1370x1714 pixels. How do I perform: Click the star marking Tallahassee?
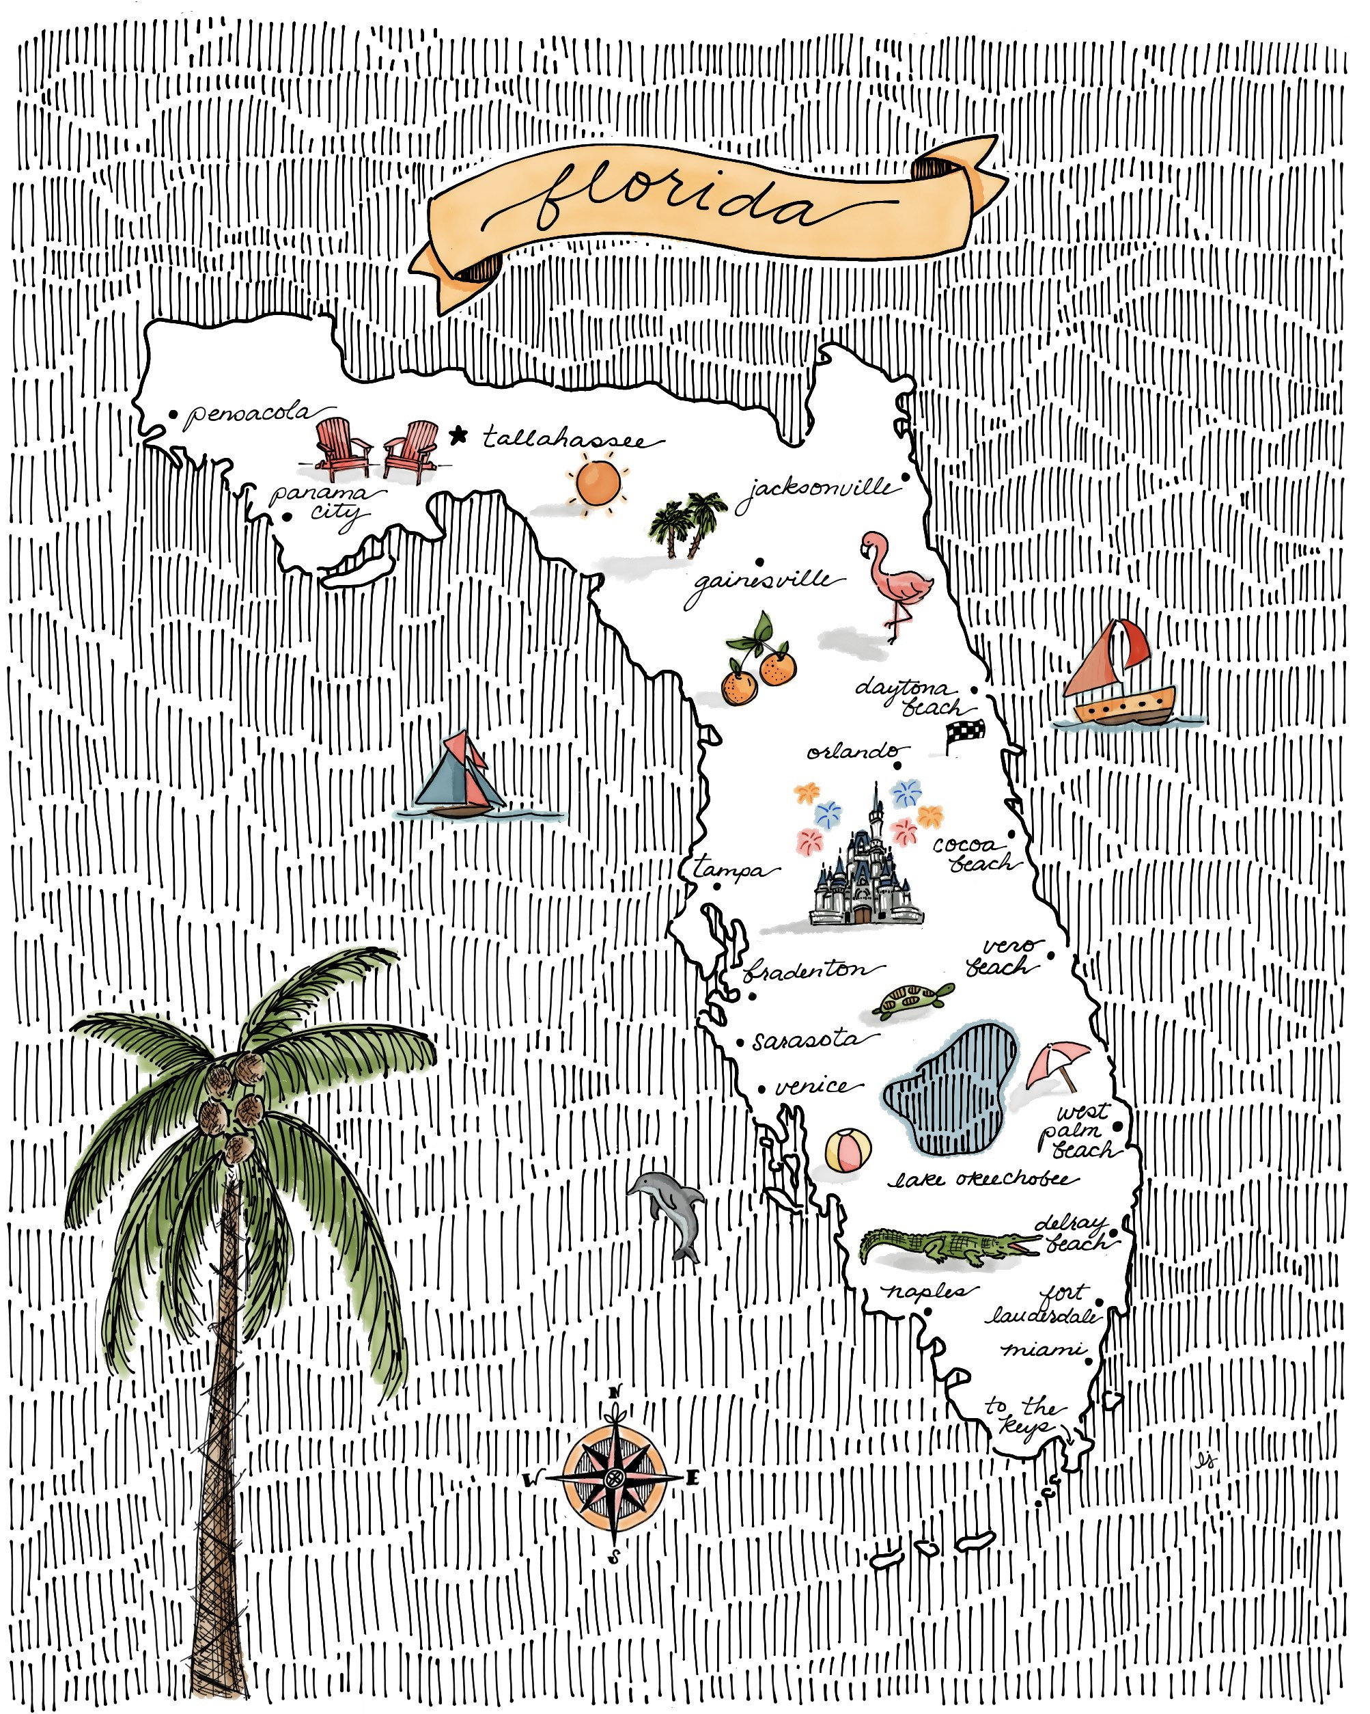coord(458,435)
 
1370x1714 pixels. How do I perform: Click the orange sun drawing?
coord(597,482)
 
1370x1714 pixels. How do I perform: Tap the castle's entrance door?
coord(862,914)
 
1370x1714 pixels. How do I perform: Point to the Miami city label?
coord(1042,1350)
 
